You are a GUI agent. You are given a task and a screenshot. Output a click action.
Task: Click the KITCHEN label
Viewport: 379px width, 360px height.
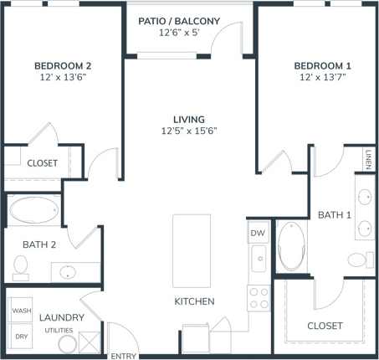click(x=194, y=301)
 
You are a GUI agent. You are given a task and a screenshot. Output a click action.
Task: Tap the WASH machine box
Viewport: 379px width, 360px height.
click(x=22, y=311)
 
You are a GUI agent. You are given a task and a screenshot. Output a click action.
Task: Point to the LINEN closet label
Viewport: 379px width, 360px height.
click(x=368, y=158)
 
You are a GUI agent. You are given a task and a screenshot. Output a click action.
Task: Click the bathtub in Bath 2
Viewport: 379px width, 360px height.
click(x=34, y=210)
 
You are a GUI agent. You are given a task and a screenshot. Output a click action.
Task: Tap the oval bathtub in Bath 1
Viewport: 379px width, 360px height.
click(x=292, y=245)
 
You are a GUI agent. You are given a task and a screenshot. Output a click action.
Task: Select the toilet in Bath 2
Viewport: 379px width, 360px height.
click(x=21, y=267)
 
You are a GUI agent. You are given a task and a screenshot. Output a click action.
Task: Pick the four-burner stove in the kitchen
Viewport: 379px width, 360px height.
click(x=259, y=298)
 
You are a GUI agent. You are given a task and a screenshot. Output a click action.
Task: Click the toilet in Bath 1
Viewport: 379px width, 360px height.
click(x=358, y=259)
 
